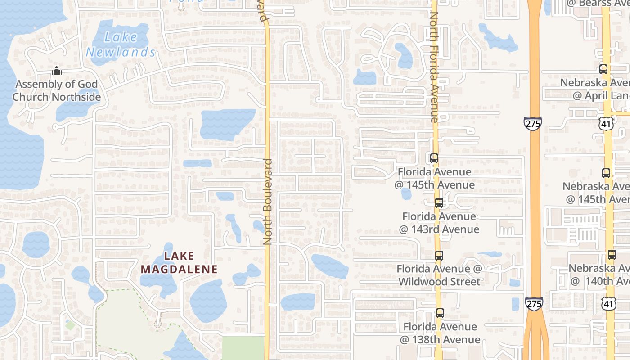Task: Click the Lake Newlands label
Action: click(121, 45)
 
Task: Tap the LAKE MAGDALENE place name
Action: click(179, 263)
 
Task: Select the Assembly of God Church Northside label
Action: click(56, 90)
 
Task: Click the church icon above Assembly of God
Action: click(56, 71)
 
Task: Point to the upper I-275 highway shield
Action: click(533, 124)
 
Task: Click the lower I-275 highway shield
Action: click(534, 303)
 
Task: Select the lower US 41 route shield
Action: click(609, 304)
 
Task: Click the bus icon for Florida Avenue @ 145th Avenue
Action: click(434, 158)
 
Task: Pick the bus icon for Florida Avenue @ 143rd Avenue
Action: click(439, 203)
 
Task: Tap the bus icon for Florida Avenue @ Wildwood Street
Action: click(439, 256)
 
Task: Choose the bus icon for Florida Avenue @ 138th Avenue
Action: click(440, 313)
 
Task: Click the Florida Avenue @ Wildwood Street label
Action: click(439, 275)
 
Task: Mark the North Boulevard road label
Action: click(268, 202)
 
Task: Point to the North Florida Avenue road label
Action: click(434, 67)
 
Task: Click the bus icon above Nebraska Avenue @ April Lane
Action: click(603, 70)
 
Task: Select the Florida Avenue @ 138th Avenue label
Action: click(440, 333)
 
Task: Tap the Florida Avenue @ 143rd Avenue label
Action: click(439, 223)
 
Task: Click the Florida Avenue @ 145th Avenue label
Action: click(434, 178)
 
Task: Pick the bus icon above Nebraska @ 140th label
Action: click(612, 255)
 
